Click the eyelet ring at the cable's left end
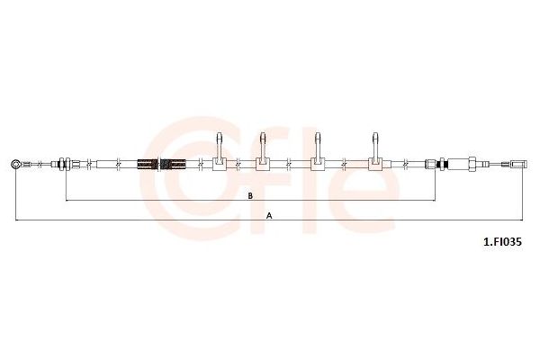point(15,164)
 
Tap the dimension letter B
point(251,195)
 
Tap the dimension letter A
point(270,216)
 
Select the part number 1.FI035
point(503,242)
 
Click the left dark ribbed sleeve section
point(148,165)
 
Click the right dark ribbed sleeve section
point(173,165)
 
